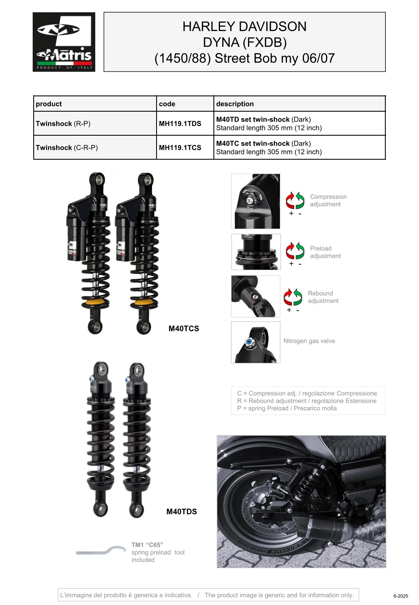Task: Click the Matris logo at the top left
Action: tap(64, 42)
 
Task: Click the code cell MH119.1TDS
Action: tap(180, 124)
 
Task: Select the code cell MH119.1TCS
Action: tap(180, 148)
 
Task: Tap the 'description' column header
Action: tap(235, 104)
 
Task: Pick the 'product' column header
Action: tap(49, 104)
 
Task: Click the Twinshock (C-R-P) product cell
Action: tap(67, 148)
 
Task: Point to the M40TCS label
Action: tap(184, 329)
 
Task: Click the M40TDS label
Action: tap(182, 512)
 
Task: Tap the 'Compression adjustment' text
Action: tap(328, 200)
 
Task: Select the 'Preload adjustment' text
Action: tap(325, 252)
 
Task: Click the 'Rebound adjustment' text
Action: tap(323, 297)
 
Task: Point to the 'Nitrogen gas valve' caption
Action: tap(309, 341)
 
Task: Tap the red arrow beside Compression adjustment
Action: tap(290, 200)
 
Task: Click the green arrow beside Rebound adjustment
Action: tap(298, 297)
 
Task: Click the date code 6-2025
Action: tap(401, 596)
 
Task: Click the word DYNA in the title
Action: tap(221, 42)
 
